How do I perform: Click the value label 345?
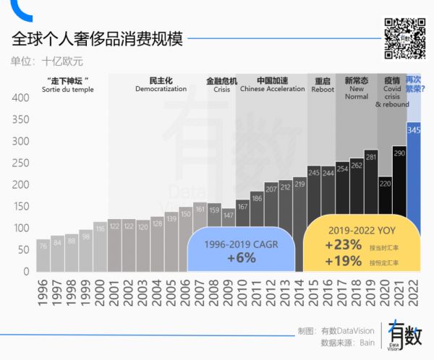tap(414, 130)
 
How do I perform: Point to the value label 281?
tap(371, 155)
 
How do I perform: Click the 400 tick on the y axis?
tap(20, 98)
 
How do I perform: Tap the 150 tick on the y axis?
tap(20, 206)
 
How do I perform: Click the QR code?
tap(402, 37)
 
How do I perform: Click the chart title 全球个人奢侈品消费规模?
tap(97, 38)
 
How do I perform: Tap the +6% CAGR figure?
tap(241, 258)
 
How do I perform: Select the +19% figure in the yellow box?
tap(343, 261)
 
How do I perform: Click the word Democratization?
tap(161, 89)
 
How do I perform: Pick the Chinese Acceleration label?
tap(273, 89)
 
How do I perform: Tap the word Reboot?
tap(323, 89)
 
